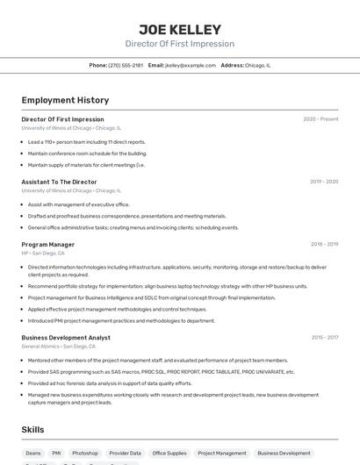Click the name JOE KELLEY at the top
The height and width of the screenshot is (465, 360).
click(179, 29)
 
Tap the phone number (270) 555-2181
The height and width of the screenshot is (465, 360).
click(125, 65)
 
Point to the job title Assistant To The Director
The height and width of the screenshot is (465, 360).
click(59, 182)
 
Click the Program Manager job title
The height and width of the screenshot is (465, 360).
click(47, 245)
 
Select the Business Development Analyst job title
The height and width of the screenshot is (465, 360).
click(66, 338)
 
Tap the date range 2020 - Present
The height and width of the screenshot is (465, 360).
click(320, 119)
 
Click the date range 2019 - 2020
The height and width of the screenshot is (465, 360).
click(323, 182)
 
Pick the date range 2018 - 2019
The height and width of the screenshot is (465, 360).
click(324, 245)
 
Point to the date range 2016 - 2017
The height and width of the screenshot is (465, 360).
click(324, 338)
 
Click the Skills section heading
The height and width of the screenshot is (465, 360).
click(32, 430)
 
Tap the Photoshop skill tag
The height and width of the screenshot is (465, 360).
click(85, 454)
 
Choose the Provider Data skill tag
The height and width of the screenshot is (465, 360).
click(125, 454)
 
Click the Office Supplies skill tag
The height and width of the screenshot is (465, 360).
click(169, 454)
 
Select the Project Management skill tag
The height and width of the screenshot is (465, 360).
click(221, 454)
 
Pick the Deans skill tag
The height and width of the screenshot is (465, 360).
click(33, 454)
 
